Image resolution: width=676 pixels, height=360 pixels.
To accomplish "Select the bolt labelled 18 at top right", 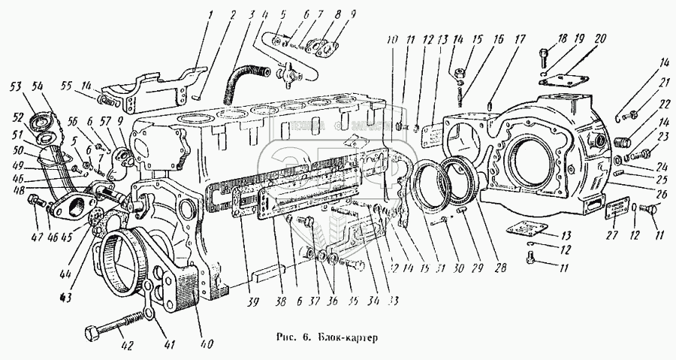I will pyautogui.click(x=545, y=54).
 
